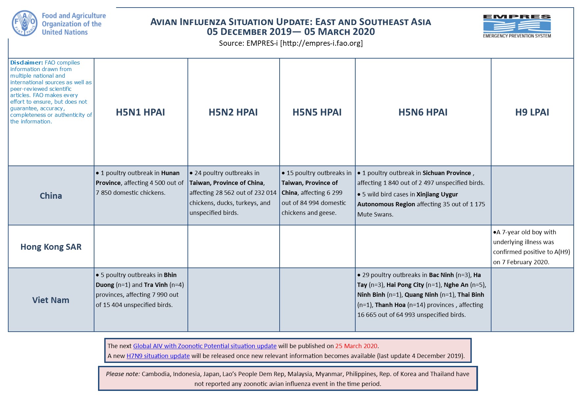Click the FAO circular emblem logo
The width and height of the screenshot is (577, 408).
(x=24, y=23)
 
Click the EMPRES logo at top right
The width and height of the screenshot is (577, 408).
(x=517, y=26)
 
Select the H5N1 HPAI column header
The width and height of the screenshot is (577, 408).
(x=140, y=112)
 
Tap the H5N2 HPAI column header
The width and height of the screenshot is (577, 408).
(x=233, y=112)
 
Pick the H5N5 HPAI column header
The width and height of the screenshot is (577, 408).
(x=317, y=112)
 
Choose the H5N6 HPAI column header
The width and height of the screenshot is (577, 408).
(x=423, y=112)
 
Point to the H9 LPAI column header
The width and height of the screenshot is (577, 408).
(x=532, y=112)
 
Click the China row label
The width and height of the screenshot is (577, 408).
(x=51, y=196)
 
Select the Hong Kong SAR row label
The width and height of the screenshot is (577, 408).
(x=51, y=247)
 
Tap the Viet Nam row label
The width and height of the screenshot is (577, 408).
(x=51, y=300)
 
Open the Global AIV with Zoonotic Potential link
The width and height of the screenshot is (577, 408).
(x=205, y=346)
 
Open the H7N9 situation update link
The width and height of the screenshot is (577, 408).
(x=158, y=356)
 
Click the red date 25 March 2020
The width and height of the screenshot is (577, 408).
(x=356, y=346)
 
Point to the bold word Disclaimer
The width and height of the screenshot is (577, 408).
(x=26, y=63)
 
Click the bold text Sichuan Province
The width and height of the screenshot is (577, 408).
(x=446, y=173)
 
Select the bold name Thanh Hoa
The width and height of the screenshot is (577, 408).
(x=390, y=305)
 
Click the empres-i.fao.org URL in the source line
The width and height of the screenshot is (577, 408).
(x=321, y=43)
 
